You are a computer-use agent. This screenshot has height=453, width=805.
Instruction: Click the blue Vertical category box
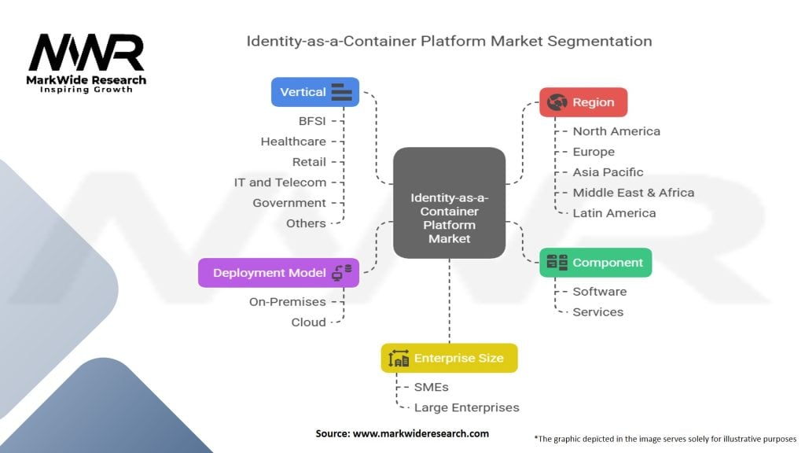[x=315, y=92]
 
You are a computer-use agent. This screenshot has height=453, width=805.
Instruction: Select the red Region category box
[x=583, y=102]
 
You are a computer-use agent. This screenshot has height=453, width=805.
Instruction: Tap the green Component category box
[x=595, y=263]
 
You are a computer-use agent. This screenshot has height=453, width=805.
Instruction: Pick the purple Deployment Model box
[x=278, y=273]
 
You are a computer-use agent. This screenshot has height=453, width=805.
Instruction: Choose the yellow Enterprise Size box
[x=449, y=358]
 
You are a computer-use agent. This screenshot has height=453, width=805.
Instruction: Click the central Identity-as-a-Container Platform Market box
[x=449, y=203]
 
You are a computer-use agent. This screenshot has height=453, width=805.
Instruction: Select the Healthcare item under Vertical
[x=293, y=142]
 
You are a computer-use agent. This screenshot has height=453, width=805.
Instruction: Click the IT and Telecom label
[x=280, y=182]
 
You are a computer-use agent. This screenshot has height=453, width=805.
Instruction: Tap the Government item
[x=289, y=203]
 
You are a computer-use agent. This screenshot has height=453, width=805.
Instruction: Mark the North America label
[x=616, y=131]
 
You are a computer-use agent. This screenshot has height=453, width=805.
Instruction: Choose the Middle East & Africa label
[x=633, y=193]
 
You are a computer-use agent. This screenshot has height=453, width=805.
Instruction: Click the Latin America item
[x=614, y=213]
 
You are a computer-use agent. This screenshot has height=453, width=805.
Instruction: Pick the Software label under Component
[x=599, y=292]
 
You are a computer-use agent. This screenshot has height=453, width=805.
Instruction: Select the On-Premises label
[x=287, y=302]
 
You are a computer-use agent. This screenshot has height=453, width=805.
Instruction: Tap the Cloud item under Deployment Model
[x=308, y=322]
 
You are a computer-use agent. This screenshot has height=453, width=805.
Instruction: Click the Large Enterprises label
[x=466, y=407]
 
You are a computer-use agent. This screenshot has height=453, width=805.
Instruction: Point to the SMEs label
[x=432, y=387]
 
